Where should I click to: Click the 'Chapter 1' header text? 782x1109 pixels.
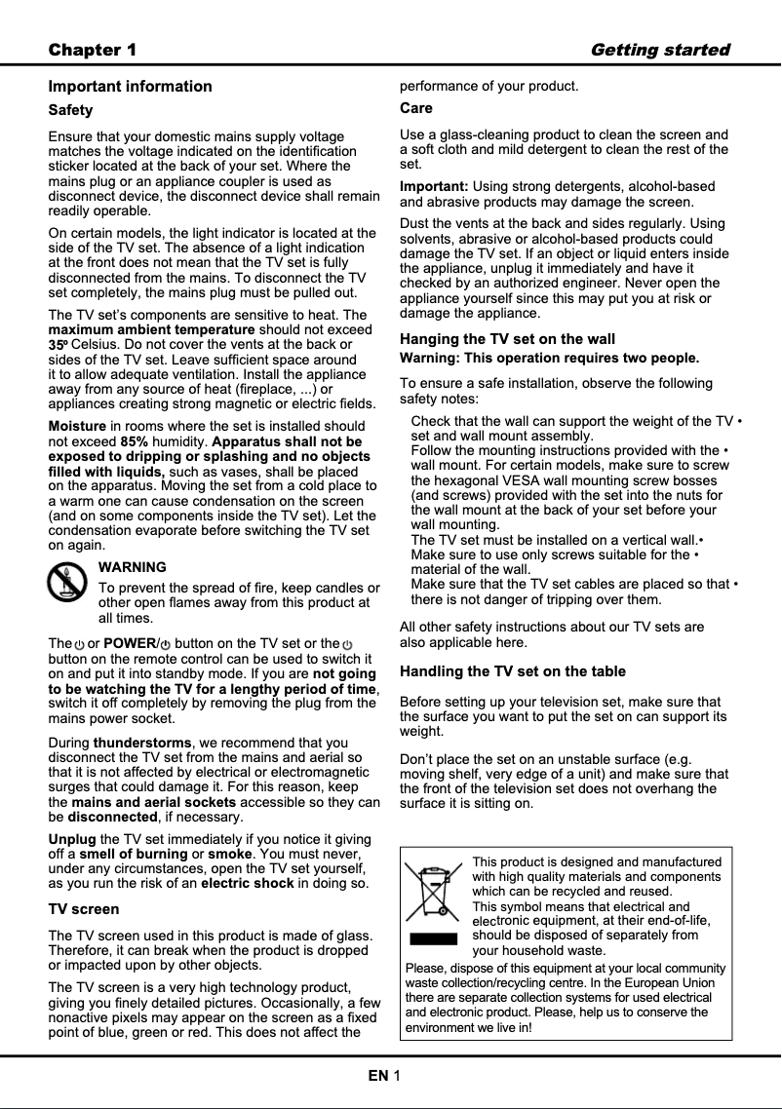click(93, 50)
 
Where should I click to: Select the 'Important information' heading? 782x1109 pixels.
click(130, 87)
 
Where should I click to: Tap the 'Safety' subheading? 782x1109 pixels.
click(70, 111)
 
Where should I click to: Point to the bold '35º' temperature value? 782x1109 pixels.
click(59, 345)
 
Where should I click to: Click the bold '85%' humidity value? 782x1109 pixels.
click(134, 441)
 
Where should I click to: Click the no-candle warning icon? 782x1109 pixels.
click(67, 583)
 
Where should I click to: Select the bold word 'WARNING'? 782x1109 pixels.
click(133, 567)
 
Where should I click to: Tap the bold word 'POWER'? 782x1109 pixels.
click(130, 643)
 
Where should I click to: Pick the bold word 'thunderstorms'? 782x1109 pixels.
click(143, 744)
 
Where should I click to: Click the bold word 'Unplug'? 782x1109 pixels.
click(72, 839)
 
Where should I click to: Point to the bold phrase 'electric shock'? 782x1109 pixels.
click(248, 884)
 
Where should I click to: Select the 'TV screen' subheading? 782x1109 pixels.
click(84, 909)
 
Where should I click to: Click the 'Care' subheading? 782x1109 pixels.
click(416, 108)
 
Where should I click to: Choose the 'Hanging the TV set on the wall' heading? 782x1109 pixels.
click(507, 339)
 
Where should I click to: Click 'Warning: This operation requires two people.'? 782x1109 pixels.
click(549, 358)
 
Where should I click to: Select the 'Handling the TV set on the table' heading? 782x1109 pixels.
click(513, 671)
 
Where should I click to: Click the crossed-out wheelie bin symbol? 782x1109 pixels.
click(432, 892)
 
